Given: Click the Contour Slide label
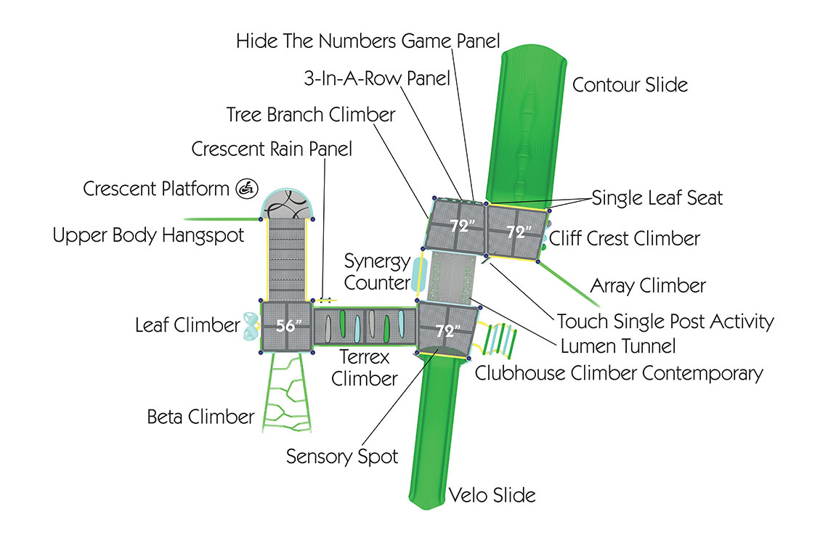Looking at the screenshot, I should tap(630, 84).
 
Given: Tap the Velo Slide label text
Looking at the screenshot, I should tap(492, 496).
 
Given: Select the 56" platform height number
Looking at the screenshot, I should tap(288, 327).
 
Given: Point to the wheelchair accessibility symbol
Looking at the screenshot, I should tap(246, 189).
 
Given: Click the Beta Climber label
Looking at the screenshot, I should tap(200, 417).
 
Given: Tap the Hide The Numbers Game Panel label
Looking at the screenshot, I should tap(368, 41).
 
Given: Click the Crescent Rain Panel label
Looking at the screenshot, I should tap(272, 149).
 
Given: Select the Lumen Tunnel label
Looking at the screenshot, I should tap(618, 346).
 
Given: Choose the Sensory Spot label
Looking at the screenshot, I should tap(342, 457).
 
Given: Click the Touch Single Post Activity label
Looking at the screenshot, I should tap(665, 321).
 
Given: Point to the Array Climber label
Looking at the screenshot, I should tap(647, 286).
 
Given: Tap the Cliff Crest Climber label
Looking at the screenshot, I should tap(624, 238).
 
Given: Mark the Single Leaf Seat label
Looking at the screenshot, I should tap(657, 197).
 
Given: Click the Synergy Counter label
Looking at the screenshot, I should tap(377, 270).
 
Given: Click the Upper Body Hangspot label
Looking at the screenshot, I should tap(148, 236).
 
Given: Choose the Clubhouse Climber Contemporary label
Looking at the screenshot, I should tap(618, 373).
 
